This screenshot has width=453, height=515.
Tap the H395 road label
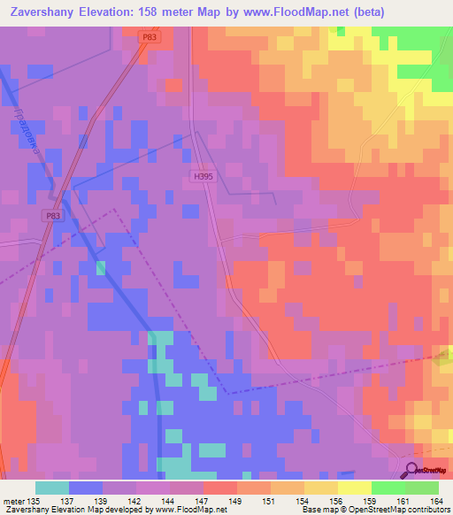click(x=203, y=176)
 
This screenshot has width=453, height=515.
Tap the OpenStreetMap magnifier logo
click(x=414, y=470)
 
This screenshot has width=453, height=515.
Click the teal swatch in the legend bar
click(x=52, y=488)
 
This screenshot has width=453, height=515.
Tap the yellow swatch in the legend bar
click(x=354, y=488)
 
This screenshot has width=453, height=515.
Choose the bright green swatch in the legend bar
click(x=388, y=488)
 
